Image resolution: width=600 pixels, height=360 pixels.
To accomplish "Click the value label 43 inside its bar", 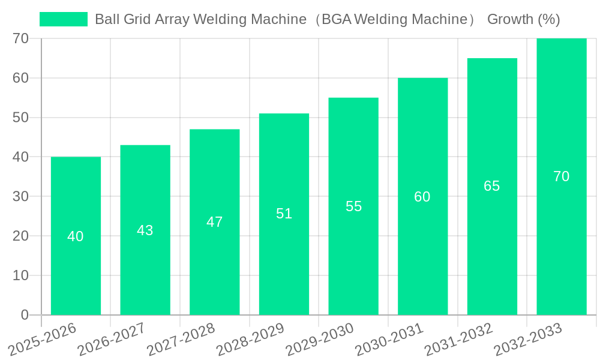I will [x=145, y=230].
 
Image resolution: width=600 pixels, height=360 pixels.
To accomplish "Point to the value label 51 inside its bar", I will [x=284, y=214].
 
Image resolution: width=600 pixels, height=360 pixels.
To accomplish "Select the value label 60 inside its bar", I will [x=422, y=197].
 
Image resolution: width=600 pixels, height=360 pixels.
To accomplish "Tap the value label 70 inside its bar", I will [x=562, y=176].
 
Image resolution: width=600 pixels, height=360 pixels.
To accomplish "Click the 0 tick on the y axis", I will [x=25, y=315].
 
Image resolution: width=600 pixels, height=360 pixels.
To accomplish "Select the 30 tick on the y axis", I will [x=21, y=196].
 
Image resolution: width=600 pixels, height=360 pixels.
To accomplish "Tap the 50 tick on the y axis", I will [x=21, y=117].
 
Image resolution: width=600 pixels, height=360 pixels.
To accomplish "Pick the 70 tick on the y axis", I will [x=21, y=38].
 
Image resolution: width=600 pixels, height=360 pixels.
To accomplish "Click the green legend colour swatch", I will [x=64, y=19].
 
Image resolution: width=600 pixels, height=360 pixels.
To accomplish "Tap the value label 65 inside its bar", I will [x=492, y=186].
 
